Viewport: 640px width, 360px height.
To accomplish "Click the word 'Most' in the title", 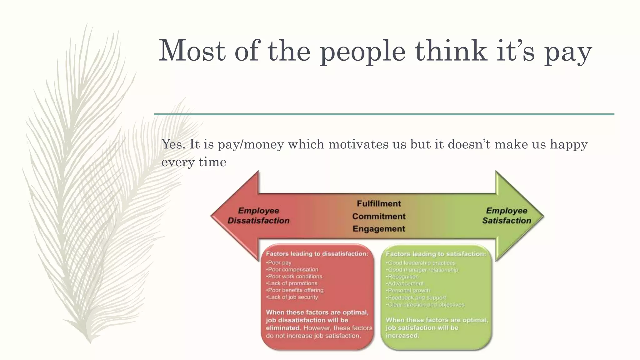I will pyautogui.click(x=192, y=51).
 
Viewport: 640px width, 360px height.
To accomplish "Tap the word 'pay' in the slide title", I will pyautogui.click(x=568, y=53).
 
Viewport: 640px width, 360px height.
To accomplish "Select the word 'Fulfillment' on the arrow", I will pyautogui.click(x=379, y=204).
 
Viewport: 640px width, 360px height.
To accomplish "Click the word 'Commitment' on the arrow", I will pyautogui.click(x=379, y=216).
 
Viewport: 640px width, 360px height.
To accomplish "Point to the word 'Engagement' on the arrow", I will pyautogui.click(x=379, y=229).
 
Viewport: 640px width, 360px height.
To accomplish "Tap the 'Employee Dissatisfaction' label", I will pyautogui.click(x=258, y=216).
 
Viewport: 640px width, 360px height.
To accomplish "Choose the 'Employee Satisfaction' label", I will pyautogui.click(x=506, y=216).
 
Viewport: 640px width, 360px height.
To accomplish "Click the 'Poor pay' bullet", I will pyautogui.click(x=279, y=263).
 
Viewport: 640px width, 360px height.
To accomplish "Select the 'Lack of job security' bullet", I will pyautogui.click(x=292, y=297).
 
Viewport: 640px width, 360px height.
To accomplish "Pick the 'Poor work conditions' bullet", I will pyautogui.click(x=294, y=277).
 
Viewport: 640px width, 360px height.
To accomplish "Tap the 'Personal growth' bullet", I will pyautogui.click(x=408, y=291).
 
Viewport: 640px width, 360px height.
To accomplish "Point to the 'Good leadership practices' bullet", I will pyautogui.click(x=421, y=263).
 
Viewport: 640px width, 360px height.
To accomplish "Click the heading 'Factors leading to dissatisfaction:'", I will pyautogui.click(x=317, y=254).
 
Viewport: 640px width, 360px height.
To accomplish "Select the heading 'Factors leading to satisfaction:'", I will pyautogui.click(x=436, y=254).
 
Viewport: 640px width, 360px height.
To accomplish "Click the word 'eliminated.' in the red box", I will pyautogui.click(x=283, y=328).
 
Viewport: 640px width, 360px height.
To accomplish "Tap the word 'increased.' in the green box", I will pyautogui.click(x=402, y=336).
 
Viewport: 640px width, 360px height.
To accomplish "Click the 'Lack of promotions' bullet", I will pyautogui.click(x=292, y=283).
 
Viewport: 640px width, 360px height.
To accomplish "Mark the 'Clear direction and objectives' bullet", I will pyautogui.click(x=426, y=305).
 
